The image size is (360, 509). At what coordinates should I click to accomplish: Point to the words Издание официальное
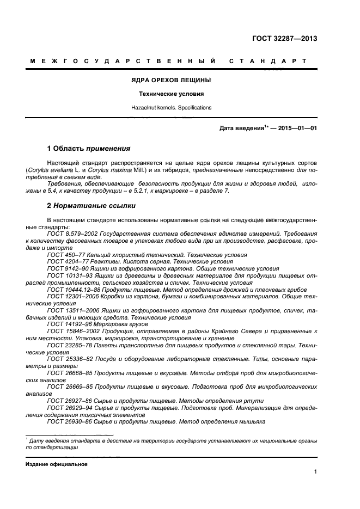pos(57,464)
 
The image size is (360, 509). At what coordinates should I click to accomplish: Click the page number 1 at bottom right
pos(315,472)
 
